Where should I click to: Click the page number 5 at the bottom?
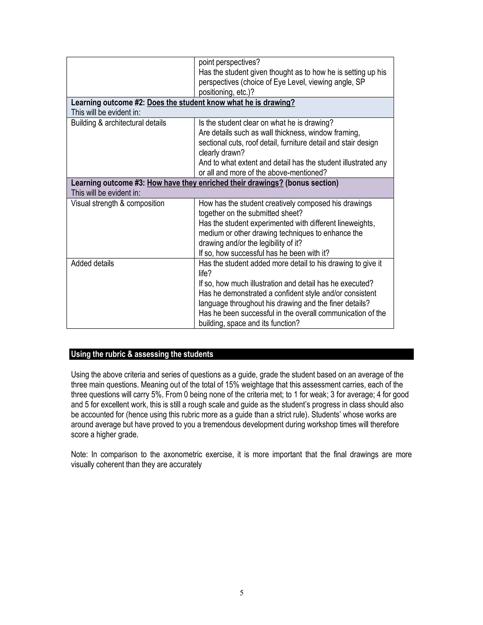click(x=241, y=593)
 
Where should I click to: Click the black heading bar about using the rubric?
click(x=241, y=354)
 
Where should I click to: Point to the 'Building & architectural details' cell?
click(x=118, y=123)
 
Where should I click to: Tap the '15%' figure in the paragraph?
click(x=232, y=385)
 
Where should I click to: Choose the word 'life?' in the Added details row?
click(x=205, y=273)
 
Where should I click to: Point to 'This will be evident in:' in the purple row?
click(x=106, y=193)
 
